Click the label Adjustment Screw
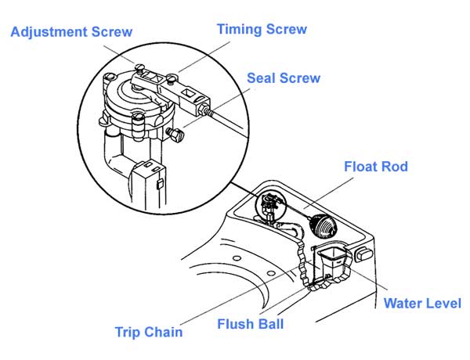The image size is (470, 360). (71, 32)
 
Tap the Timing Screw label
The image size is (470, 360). (262, 29)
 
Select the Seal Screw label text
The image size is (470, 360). (283, 78)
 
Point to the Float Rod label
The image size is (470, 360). (376, 167)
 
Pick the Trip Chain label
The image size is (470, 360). (148, 331)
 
